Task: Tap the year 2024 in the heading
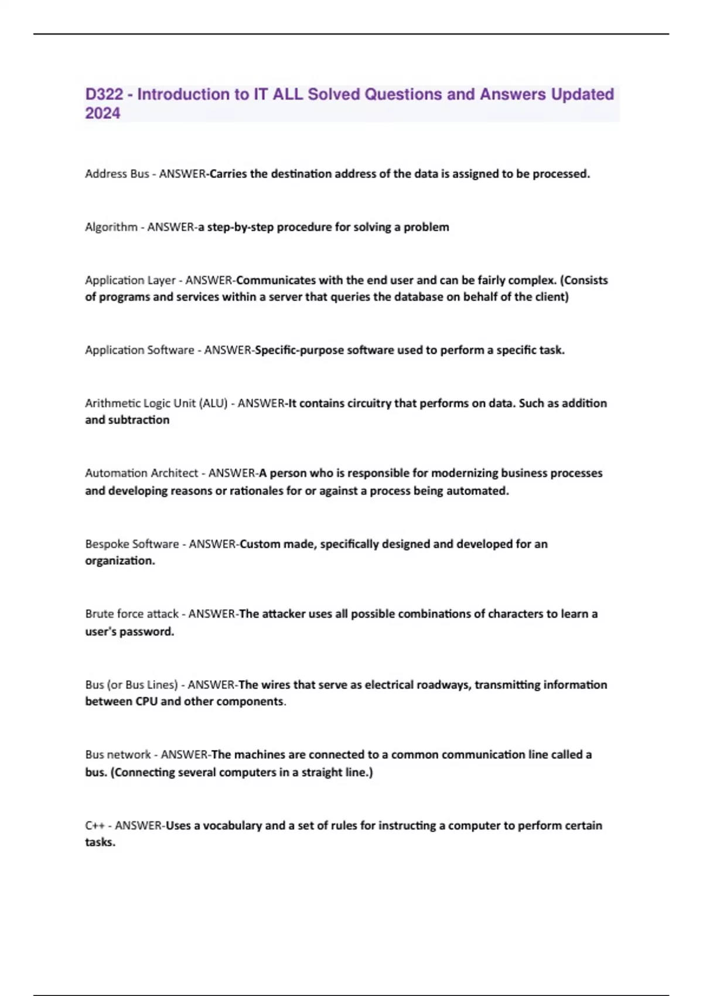coord(103,113)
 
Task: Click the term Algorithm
coord(111,227)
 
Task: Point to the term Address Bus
coord(117,173)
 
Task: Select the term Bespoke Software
coord(132,544)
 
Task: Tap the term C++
coord(94,825)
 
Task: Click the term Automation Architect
coord(141,473)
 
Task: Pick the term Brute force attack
coord(132,613)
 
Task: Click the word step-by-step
coord(240,227)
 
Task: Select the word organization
coord(120,561)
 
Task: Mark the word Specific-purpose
coord(299,350)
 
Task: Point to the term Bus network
coord(118,755)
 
